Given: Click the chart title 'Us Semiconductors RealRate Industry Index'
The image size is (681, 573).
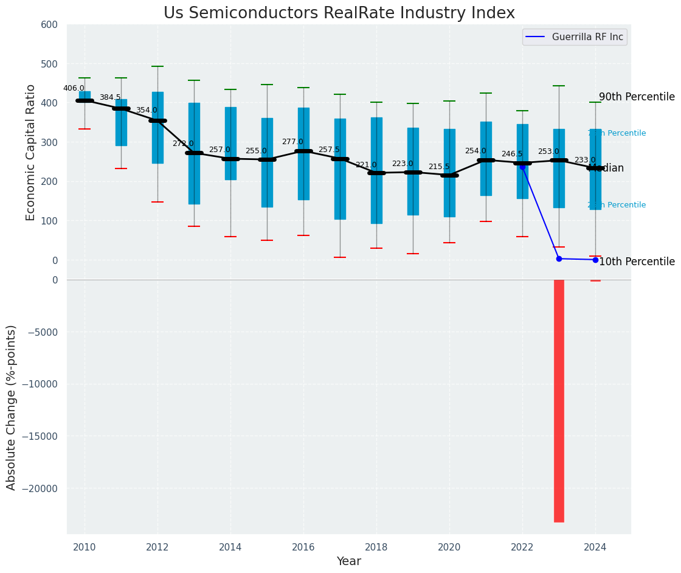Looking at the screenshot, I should coord(339,13).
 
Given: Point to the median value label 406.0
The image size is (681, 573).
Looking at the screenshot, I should coord(74,88).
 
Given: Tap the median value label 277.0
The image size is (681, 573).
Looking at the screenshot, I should coord(292,142).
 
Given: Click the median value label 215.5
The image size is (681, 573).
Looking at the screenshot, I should coord(438,167).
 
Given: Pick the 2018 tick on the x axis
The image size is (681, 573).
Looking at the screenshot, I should coord(376,547).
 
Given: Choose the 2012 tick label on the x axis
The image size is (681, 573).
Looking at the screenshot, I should coord(157,547).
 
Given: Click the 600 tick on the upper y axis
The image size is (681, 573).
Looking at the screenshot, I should coord(49,25).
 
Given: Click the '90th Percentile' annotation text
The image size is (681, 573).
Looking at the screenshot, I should coord(637,97).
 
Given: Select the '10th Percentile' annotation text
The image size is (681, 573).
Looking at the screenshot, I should coord(637,262).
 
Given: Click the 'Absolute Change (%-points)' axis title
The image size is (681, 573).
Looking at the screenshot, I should coord(12,407).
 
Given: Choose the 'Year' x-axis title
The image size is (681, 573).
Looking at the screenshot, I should coord(349,561).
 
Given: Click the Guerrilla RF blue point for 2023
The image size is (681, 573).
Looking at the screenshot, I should coord(559,259).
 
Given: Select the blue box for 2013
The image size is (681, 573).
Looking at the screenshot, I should coord(194,153).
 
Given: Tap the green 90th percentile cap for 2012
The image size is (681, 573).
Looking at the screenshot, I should coord(157,66).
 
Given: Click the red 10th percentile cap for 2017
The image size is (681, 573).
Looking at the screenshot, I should coord(340,257).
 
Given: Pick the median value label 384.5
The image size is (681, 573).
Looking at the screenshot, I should coord(110,97).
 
